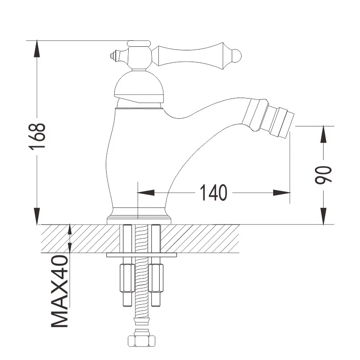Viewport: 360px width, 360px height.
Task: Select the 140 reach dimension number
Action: (214, 193)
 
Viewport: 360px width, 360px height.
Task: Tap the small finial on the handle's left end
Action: (113, 56)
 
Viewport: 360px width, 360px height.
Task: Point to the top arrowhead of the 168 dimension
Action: (37, 49)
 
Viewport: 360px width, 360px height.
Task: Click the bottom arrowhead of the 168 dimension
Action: (37, 216)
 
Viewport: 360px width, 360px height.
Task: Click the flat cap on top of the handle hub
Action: (138, 44)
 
